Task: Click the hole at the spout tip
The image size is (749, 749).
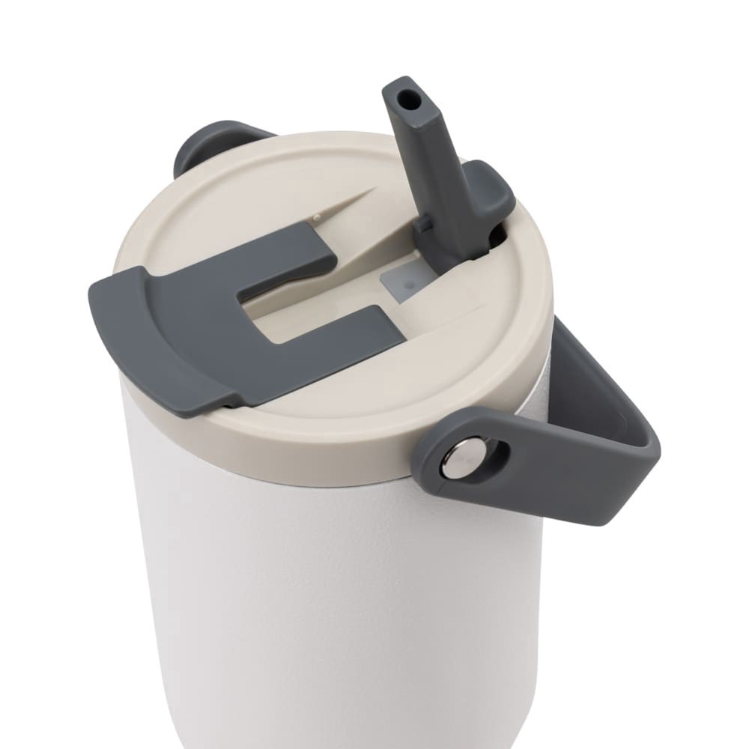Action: [x=405, y=99]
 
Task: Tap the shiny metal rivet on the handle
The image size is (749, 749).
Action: [x=458, y=458]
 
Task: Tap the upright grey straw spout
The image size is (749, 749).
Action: [x=431, y=165]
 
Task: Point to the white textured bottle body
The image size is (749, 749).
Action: [x=337, y=599]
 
